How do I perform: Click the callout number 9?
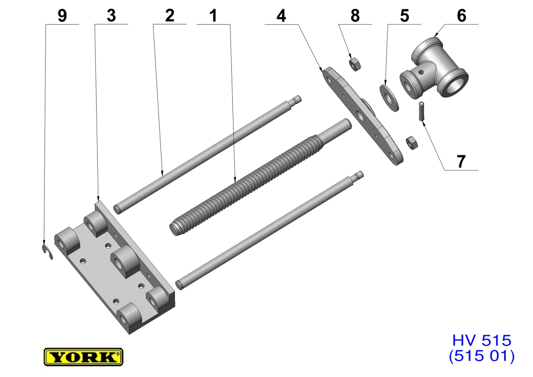tap(62, 16)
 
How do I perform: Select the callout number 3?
tap(111, 16)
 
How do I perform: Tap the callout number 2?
tap(169, 16)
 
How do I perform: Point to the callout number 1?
tap(213, 16)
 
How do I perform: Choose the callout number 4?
tap(281, 16)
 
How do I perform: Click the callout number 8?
tap(355, 16)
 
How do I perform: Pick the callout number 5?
tap(404, 16)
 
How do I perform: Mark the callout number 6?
tap(462, 16)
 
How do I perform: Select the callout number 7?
tap(461, 162)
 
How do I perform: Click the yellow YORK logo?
tap(83, 357)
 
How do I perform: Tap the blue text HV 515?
tap(481, 340)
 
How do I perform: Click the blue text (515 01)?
tap(481, 356)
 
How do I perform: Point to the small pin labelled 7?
tap(421, 111)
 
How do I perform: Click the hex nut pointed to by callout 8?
tap(355, 64)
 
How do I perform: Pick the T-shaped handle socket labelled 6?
tap(434, 68)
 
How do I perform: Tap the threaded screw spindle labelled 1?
tap(260, 177)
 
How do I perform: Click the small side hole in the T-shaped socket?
tap(421, 72)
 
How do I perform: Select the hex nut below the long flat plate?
tap(411, 143)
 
